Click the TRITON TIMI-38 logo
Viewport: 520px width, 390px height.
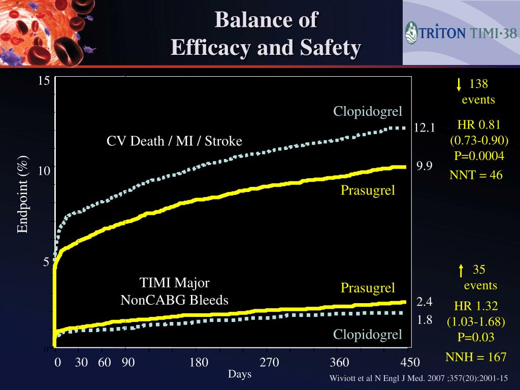(461, 33)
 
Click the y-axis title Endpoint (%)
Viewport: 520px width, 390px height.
(22, 194)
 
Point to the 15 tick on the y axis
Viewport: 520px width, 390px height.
(44, 81)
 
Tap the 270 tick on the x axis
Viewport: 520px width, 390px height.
(270, 362)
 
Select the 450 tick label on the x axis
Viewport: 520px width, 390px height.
(410, 362)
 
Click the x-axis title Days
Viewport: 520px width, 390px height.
(240, 374)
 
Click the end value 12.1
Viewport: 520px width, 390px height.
(425, 128)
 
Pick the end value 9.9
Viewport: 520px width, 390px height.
(425, 165)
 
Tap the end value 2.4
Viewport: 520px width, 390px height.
(425, 302)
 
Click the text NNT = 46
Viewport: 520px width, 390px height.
(476, 175)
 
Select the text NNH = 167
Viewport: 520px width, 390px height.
(476, 357)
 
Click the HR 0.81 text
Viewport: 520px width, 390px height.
(479, 125)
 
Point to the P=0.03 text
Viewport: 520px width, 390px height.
(476, 338)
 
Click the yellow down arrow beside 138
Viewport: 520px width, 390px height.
(459, 84)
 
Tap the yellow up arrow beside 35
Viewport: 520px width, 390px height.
(461, 271)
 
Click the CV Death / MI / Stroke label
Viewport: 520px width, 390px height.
(174, 141)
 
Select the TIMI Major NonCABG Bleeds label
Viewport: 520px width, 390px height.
(174, 291)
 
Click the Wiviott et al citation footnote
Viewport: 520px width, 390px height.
(418, 378)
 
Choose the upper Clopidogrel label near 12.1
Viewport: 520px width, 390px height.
(368, 111)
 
